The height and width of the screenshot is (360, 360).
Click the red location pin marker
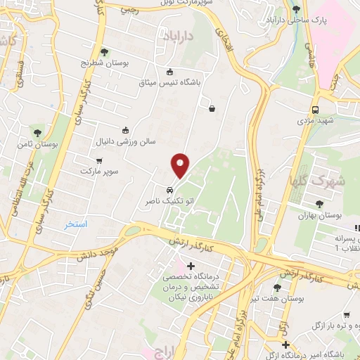point(181,165)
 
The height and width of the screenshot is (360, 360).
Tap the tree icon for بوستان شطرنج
point(105,51)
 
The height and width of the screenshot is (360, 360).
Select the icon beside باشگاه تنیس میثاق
point(169,71)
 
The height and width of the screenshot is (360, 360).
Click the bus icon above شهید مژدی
point(316,110)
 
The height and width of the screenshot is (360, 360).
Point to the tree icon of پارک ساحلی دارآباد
point(296,9)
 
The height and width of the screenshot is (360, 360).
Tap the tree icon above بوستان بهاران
point(320,204)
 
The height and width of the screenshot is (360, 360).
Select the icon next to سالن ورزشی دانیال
point(125,129)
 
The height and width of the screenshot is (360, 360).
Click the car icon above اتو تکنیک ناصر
point(170,190)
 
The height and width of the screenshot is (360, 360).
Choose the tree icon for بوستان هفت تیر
point(276,288)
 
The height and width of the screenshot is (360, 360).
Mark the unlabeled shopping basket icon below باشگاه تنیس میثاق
point(212,108)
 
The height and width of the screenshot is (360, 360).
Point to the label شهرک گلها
point(327,180)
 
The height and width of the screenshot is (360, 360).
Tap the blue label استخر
point(75,224)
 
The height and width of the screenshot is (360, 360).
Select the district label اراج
point(157,352)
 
